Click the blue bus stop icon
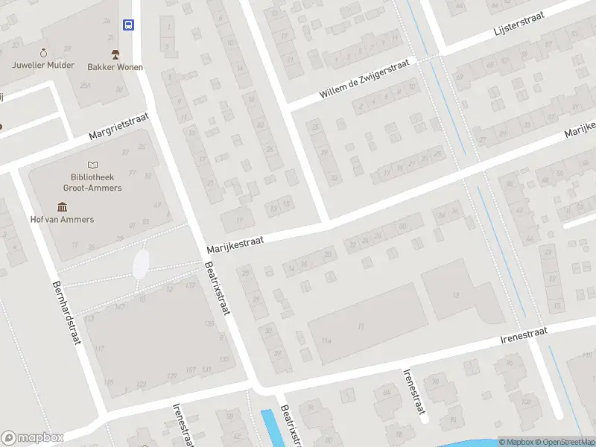[129, 25]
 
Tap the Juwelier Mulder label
[43, 65]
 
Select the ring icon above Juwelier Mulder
[43, 52]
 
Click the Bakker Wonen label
[115, 66]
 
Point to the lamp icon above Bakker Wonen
[115, 54]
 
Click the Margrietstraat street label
[118, 126]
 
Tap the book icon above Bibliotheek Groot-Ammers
[92, 165]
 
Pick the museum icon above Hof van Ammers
[62, 206]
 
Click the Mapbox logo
[32, 438]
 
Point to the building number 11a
[326, 340]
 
